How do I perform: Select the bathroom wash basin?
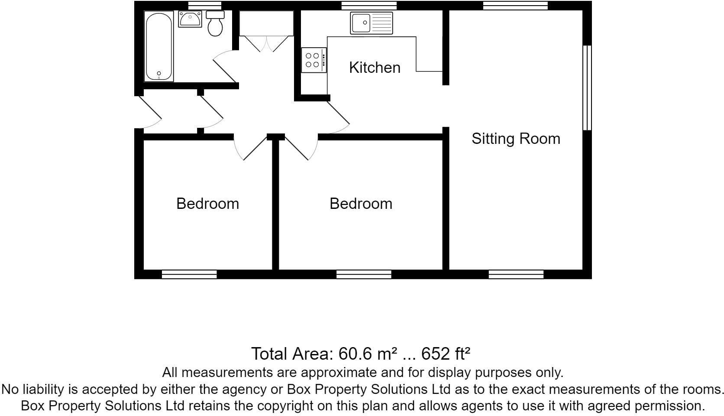coord(190,19)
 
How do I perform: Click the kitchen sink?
coord(372,23)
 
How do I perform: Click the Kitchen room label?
coord(375,68)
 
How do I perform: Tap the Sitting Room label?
coord(516,139)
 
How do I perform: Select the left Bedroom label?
coord(207,204)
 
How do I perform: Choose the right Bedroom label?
coord(361,204)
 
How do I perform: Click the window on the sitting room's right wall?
coord(587,88)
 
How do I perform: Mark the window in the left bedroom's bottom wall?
coord(189,274)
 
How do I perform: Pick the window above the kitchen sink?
coord(368,6)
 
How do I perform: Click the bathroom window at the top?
coord(205,6)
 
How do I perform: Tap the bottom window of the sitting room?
coord(516,274)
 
